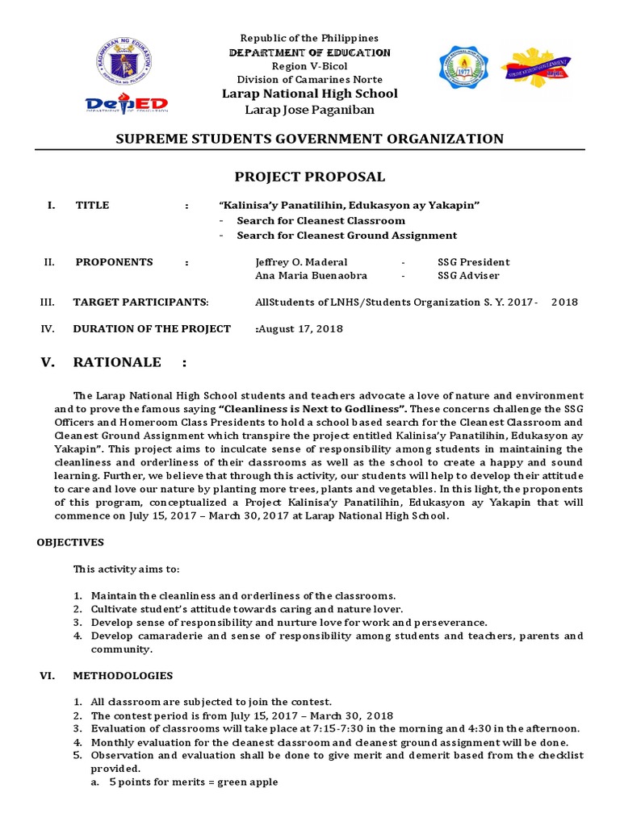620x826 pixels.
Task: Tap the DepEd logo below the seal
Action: pyautogui.click(x=127, y=105)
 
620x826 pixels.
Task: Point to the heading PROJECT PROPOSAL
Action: pyautogui.click(x=309, y=177)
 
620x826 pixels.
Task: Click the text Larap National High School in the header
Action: pyautogui.click(x=310, y=94)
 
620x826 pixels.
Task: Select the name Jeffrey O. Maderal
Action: pyautogui.click(x=301, y=262)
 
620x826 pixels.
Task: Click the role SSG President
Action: pyautogui.click(x=473, y=262)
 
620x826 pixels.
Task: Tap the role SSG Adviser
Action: pyautogui.click(x=469, y=276)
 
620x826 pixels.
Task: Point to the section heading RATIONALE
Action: pyautogui.click(x=117, y=362)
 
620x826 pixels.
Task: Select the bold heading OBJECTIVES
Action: pyautogui.click(x=70, y=543)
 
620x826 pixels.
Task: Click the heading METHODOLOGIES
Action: pyautogui.click(x=123, y=676)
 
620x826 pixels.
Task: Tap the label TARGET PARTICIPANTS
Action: pyautogui.click(x=140, y=302)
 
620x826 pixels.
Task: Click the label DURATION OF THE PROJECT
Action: pyautogui.click(x=152, y=329)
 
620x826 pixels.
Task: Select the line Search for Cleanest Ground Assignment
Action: pyautogui.click(x=346, y=236)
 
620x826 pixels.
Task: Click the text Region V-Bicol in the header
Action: pyautogui.click(x=309, y=66)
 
